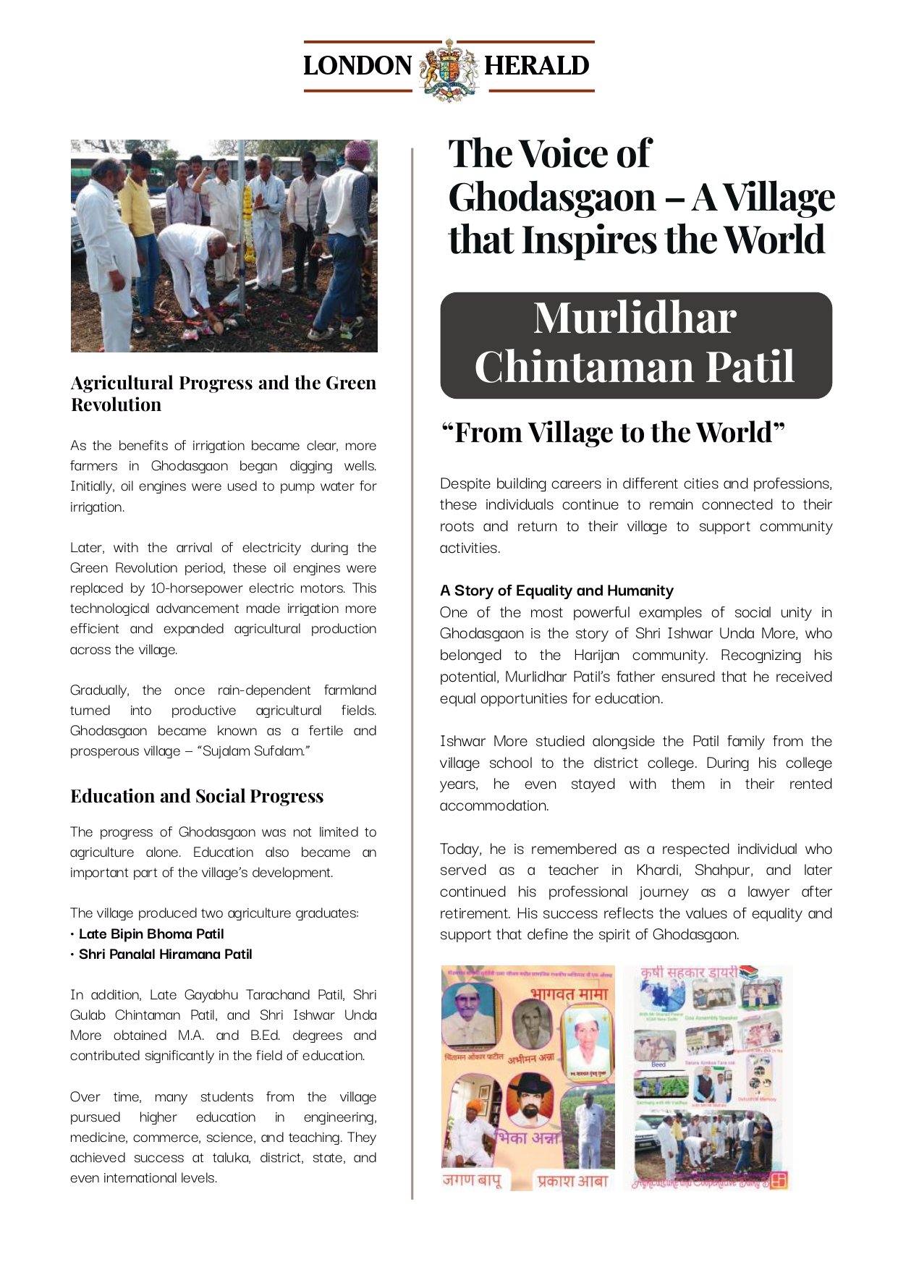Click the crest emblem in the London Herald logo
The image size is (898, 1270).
[449, 69]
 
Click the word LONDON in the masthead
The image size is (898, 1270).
[357, 66]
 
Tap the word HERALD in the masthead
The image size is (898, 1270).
[537, 66]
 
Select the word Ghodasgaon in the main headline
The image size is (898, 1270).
[552, 198]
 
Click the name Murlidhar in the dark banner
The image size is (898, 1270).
[635, 318]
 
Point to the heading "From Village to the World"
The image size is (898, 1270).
[613, 433]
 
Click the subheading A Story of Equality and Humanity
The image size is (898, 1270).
[556, 590]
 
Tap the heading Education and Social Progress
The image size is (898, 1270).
[197, 796]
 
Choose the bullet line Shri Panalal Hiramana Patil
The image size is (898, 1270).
[165, 954]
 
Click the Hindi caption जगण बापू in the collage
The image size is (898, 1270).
[471, 1180]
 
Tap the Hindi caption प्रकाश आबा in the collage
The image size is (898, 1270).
[572, 1181]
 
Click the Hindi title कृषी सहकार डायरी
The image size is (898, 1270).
[689, 973]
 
